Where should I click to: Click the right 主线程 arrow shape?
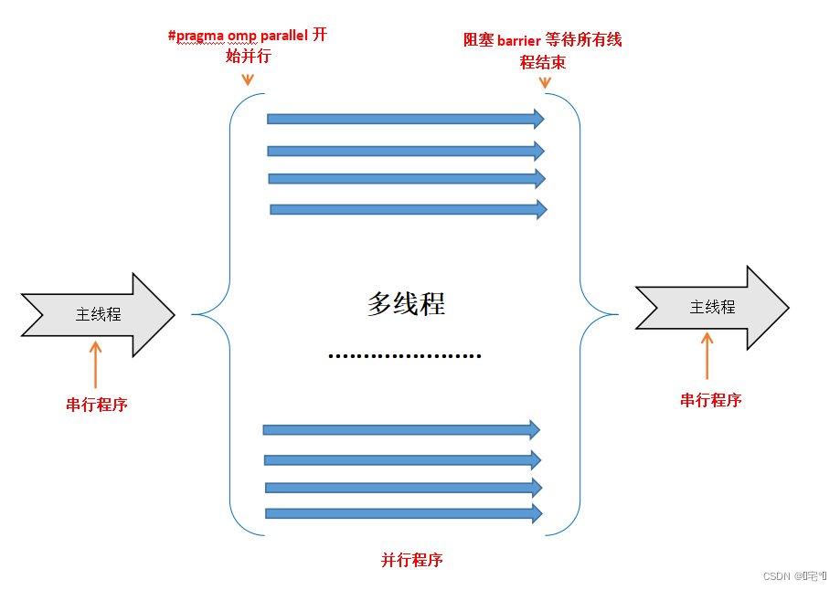click(x=712, y=308)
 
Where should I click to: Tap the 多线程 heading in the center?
click(x=406, y=304)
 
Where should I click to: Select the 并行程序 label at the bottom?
click(x=411, y=560)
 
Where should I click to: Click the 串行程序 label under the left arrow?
click(x=97, y=405)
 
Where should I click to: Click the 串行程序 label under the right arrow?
click(x=710, y=400)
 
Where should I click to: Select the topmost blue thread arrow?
click(x=405, y=119)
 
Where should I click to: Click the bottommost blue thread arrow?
click(x=403, y=513)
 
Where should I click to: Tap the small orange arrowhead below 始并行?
click(x=247, y=80)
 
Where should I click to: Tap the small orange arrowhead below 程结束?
click(x=545, y=82)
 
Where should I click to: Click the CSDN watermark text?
click(x=793, y=576)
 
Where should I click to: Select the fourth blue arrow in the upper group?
click(x=408, y=209)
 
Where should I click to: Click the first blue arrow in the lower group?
click(x=400, y=429)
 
